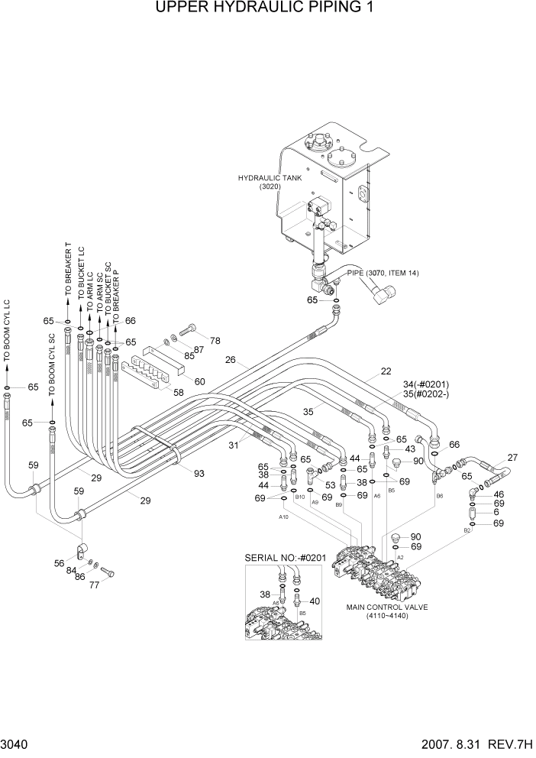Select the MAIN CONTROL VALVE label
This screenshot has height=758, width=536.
388,607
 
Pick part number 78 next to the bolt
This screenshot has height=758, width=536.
215,340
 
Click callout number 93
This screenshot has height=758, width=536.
199,474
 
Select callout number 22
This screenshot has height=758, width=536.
386,372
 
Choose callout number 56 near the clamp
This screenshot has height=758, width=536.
59,562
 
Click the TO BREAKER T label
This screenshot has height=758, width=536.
69,270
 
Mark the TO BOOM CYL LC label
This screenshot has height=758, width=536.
7,334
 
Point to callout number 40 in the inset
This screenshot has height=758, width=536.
315,601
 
